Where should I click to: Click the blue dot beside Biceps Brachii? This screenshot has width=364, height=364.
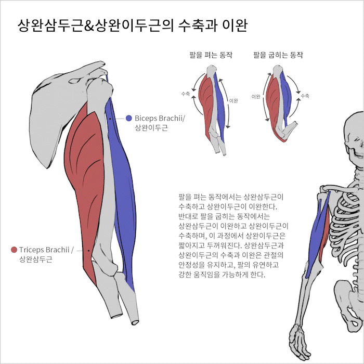129,119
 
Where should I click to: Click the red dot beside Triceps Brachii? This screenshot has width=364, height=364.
14,250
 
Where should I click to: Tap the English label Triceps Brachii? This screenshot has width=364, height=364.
46,250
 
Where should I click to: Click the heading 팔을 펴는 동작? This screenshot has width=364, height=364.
211,55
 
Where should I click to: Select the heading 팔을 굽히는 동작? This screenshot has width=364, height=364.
278,55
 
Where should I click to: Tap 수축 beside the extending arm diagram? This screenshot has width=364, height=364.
185,94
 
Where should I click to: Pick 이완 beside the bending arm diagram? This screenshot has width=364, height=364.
256,97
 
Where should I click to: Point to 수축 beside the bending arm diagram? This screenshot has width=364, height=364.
305,96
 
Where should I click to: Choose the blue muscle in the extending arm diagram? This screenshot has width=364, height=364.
221,104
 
